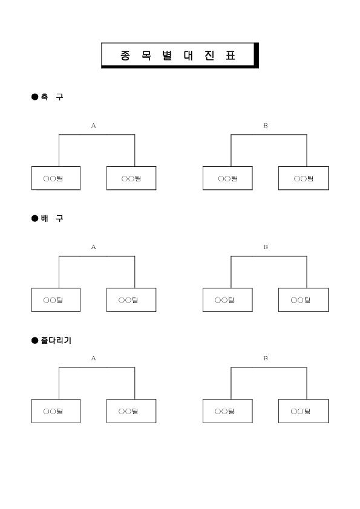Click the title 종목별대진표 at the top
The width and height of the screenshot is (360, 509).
point(178,56)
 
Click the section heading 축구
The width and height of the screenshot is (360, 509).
point(52,97)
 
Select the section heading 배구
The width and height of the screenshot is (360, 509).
point(52,218)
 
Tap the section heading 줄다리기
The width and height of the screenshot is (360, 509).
point(56,340)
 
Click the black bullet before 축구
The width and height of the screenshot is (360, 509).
point(34,97)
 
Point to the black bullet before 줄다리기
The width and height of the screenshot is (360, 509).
point(34,340)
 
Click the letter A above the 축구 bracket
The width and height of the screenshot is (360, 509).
point(94,126)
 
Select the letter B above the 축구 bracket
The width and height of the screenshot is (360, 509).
point(266,126)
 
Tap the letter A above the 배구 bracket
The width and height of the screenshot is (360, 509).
point(94,247)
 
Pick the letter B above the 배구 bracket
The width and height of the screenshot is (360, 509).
point(266,247)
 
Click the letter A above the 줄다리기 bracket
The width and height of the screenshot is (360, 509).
point(94,358)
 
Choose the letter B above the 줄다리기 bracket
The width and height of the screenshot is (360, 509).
point(266,358)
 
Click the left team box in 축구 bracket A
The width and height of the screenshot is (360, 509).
point(56,178)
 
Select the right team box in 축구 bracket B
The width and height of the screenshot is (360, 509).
point(304,178)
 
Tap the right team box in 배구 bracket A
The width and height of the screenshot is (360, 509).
point(131,300)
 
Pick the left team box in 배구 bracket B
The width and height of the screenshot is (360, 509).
point(227,300)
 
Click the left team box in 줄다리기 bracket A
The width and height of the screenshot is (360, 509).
point(56,411)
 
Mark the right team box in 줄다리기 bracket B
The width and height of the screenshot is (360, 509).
point(304,411)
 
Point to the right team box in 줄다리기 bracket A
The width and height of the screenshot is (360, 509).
point(131,411)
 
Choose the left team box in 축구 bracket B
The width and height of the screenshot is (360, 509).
point(227,178)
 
